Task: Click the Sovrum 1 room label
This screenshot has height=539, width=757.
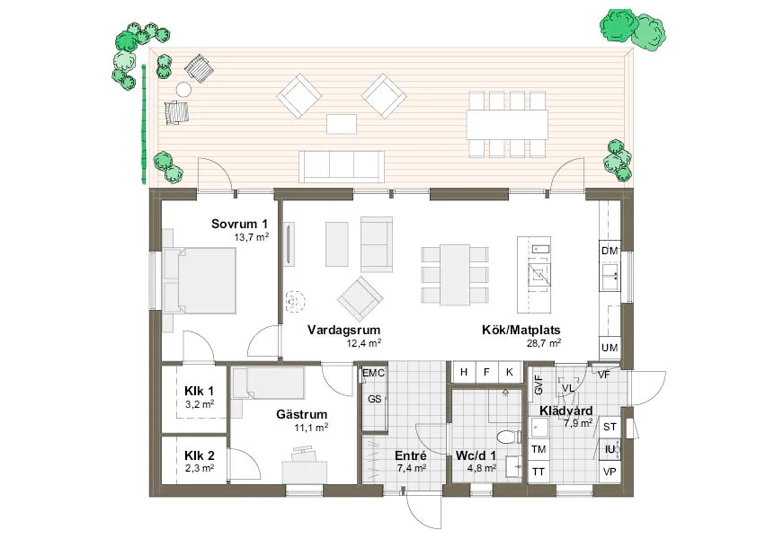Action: tap(239, 224)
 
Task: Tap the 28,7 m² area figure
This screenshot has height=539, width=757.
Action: tap(544, 343)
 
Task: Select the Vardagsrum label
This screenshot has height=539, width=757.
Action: tap(343, 330)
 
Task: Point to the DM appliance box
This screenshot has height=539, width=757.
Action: tap(610, 251)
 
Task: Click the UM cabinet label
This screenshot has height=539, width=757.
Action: tap(610, 348)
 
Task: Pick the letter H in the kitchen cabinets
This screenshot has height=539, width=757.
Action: tap(464, 372)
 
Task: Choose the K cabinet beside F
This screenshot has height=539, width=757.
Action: tap(510, 372)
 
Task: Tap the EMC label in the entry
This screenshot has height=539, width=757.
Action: tap(373, 373)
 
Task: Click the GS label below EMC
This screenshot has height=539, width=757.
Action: tap(375, 399)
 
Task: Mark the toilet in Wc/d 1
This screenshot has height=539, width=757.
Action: tap(508, 437)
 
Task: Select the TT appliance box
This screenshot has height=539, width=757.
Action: tap(539, 472)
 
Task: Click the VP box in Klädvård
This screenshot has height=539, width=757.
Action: tap(610, 472)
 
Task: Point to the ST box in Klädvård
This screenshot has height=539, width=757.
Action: tap(610, 427)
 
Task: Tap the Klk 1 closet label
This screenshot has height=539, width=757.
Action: tap(199, 392)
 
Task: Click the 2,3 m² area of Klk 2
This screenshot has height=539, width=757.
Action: tap(200, 468)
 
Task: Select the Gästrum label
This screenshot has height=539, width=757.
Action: tap(302, 414)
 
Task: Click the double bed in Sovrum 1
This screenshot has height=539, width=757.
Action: tap(200, 280)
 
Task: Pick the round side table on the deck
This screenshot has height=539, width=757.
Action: tap(183, 90)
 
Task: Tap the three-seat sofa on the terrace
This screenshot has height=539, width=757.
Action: tap(342, 166)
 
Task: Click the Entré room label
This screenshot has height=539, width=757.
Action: tap(411, 456)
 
